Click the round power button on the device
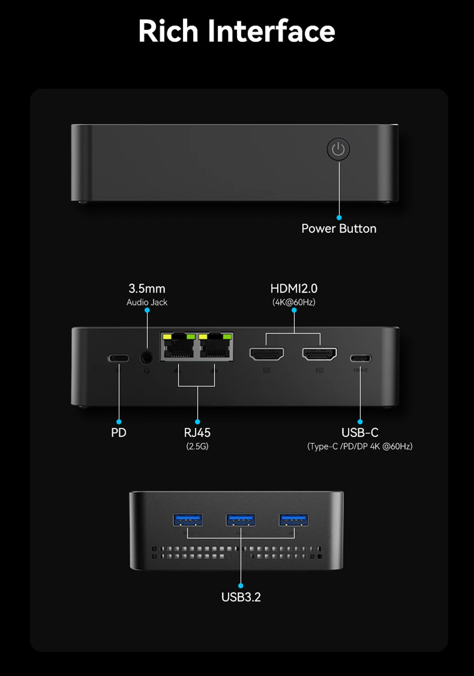[x=338, y=149]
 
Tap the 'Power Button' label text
[x=339, y=229]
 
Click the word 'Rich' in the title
[x=168, y=31]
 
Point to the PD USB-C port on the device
[x=118, y=358]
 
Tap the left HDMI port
[x=266, y=353]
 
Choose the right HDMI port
[x=319, y=353]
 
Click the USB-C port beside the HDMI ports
[x=360, y=358]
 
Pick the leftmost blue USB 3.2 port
[x=188, y=520]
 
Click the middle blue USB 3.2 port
[x=241, y=520]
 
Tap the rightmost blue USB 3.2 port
[x=294, y=520]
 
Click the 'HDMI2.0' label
[x=294, y=288]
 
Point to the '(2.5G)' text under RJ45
[x=197, y=446]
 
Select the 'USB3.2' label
[x=241, y=597]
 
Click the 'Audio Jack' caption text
[x=147, y=302]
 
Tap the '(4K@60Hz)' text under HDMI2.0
[x=294, y=302]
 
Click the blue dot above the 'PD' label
[x=118, y=422]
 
